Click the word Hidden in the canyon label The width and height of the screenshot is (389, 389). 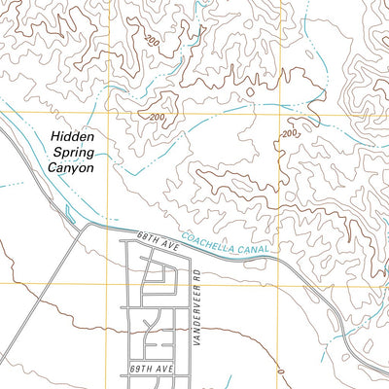[71, 139]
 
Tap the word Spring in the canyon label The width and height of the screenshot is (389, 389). [71, 154]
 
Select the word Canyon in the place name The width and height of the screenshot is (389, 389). [71, 168]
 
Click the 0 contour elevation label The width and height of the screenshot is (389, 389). [279, 372]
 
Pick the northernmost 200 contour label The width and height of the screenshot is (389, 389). [151, 41]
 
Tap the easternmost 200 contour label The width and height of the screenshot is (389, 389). [289, 133]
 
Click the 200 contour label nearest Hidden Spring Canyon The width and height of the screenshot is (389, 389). [158, 118]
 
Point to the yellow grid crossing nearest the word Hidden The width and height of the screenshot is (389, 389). [110, 115]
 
